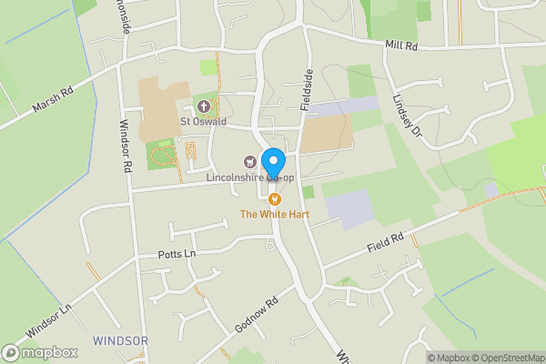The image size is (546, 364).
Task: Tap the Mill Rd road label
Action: click(x=400, y=44)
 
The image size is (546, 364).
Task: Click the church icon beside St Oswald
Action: click(x=203, y=106)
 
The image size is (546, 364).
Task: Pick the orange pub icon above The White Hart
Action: click(x=274, y=199)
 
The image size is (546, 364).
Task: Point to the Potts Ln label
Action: click(x=177, y=254)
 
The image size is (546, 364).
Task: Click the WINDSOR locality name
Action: click(x=120, y=340)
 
